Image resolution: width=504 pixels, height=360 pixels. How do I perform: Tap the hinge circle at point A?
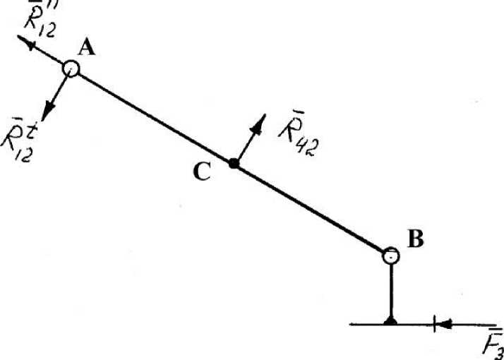(x=71, y=68)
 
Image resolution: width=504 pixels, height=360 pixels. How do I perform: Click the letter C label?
(x=202, y=172)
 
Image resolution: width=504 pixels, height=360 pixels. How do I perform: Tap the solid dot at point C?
(x=234, y=164)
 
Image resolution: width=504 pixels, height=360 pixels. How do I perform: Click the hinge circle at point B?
(x=391, y=256)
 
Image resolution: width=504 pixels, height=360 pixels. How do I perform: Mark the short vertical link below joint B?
(x=391, y=293)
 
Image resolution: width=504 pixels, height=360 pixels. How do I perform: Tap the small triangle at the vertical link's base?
(x=391, y=321)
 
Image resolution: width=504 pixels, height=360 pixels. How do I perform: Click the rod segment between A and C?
(x=152, y=116)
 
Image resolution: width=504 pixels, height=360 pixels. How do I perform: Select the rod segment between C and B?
(x=311, y=208)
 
